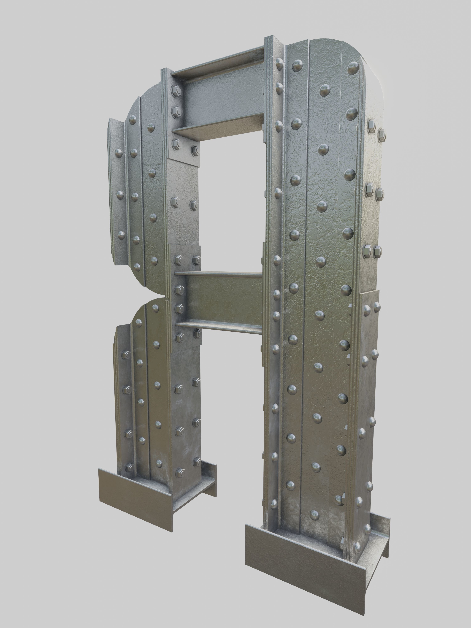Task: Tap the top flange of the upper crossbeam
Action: (x=219, y=61)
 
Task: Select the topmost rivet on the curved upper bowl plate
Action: (x=133, y=120)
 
